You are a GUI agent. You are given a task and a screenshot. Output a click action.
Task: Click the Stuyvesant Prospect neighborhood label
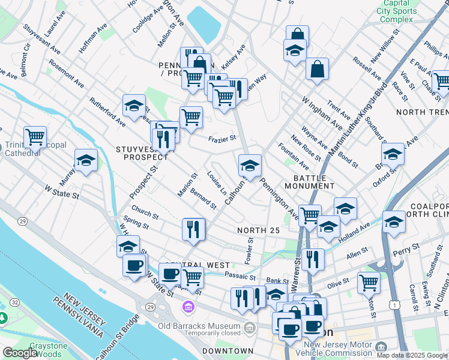click(x=145, y=152)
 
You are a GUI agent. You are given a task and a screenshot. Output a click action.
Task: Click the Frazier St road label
click(x=221, y=140)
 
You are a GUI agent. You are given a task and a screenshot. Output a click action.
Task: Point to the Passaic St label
click(x=240, y=276)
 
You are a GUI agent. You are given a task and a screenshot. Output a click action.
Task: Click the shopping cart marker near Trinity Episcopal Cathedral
click(x=35, y=137)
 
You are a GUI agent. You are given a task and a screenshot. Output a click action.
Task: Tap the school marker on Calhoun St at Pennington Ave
click(x=250, y=166)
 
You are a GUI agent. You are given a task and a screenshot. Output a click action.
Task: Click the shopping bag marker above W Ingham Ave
click(x=317, y=69)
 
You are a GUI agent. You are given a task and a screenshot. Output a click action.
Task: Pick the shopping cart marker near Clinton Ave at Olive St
click(x=368, y=282)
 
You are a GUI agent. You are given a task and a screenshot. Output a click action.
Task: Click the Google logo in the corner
click(x=20, y=353)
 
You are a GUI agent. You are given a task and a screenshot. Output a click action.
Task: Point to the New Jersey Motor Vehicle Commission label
click(x=339, y=348)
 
